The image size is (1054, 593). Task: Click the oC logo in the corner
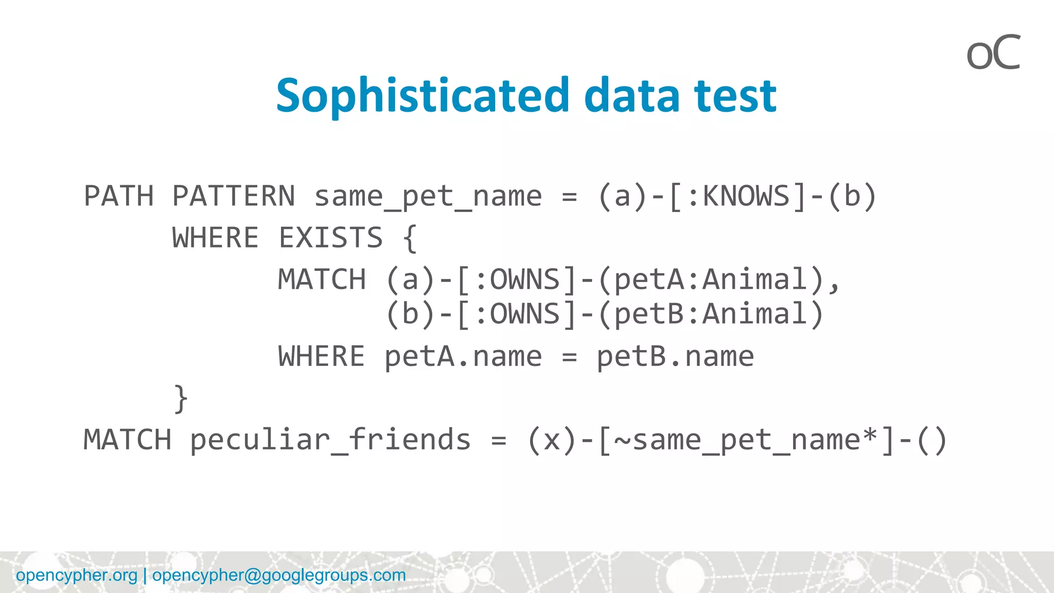(993, 53)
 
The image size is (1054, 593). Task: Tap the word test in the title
(735, 96)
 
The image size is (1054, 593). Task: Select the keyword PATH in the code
(118, 196)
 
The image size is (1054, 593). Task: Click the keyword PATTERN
(234, 196)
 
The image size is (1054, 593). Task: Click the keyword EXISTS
(331, 238)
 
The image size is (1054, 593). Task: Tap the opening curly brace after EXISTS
(410, 239)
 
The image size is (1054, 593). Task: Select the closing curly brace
(181, 399)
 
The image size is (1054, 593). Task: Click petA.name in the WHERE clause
(463, 357)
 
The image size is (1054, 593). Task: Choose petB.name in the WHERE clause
(675, 357)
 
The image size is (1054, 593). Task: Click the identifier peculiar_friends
(330, 441)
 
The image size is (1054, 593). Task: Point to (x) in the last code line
(552, 441)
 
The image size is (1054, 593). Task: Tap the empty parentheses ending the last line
(932, 441)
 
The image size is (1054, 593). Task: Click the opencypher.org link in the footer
(77, 575)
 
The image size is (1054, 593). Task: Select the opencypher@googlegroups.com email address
(279, 575)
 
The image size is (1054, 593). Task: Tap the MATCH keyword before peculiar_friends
(127, 441)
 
